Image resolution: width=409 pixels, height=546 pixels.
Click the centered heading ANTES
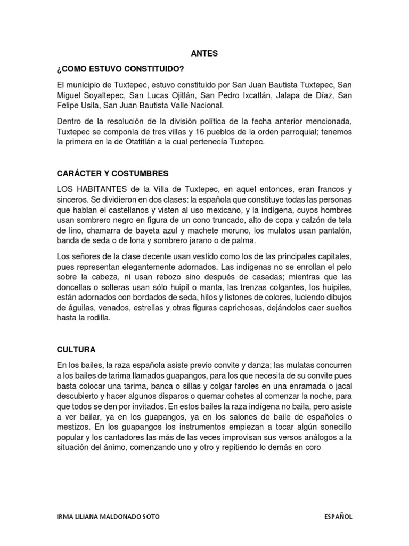[x=204, y=53]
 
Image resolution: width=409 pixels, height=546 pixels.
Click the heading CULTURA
[x=76, y=350]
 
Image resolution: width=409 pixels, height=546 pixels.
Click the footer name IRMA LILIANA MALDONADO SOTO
[x=107, y=517]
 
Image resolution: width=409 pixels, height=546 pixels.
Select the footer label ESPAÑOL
[x=338, y=517]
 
